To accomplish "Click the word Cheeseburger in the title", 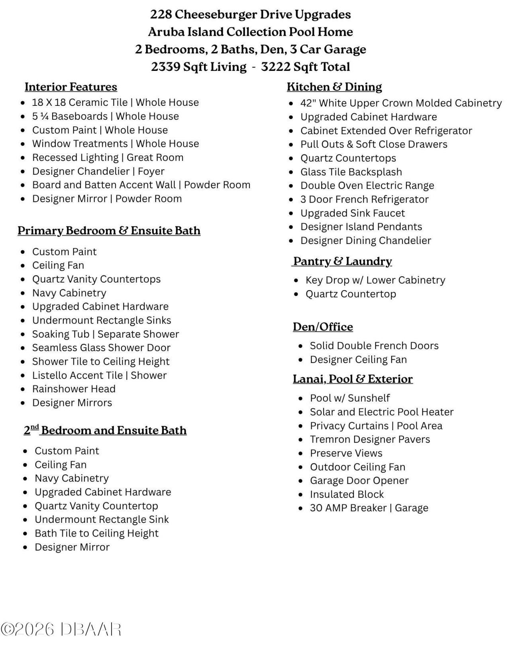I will (216, 15).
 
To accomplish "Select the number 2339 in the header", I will (165, 67).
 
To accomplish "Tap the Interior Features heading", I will (71, 87).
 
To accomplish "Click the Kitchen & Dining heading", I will (334, 87).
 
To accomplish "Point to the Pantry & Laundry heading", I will (343, 261).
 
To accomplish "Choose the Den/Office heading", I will (323, 327).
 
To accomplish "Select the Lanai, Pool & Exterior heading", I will (353, 379).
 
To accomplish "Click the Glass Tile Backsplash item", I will (351, 172).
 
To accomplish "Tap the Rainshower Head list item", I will (74, 389).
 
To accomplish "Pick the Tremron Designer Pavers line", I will (370, 439).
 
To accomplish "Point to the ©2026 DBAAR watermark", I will (61, 630).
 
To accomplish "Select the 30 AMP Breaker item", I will (369, 508).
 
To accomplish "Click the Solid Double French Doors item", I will (374, 345).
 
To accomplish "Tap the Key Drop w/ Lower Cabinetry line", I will (375, 280).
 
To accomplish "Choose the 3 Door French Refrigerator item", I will (364, 199).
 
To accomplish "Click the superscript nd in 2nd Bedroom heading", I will (35, 427).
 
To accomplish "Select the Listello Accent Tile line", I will (99, 375).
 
